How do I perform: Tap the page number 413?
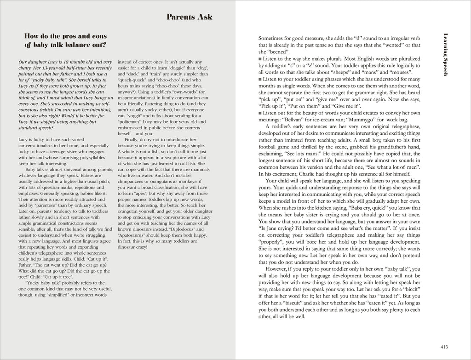click(444, 347)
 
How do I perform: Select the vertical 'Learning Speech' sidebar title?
click(445, 54)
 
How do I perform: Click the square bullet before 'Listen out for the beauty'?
click(260, 113)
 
